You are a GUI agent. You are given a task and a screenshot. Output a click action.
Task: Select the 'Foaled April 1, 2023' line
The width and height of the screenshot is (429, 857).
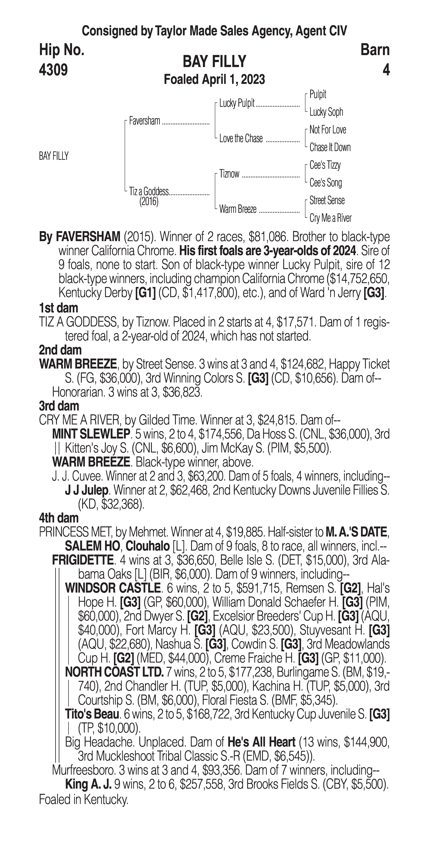[x=214, y=79]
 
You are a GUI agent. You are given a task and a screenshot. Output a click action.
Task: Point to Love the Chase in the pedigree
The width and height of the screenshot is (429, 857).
[x=241, y=139]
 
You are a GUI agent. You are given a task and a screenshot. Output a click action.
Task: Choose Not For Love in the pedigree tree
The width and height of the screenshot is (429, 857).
[x=328, y=130]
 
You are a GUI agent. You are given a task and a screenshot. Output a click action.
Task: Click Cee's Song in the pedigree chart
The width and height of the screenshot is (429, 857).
[x=326, y=183]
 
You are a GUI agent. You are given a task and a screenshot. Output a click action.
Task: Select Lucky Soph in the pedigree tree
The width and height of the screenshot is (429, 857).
[x=326, y=112]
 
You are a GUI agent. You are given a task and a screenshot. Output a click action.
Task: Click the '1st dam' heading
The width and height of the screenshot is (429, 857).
[x=58, y=308]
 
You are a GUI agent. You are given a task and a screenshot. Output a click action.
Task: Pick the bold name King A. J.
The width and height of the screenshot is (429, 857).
[x=88, y=784]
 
